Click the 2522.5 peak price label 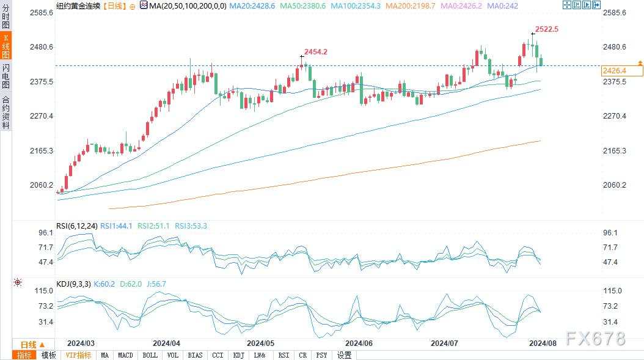pos(547,29)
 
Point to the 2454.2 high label pos(316,52)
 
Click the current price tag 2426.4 pos(615,71)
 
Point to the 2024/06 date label pos(359,343)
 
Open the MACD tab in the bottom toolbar pos(125,355)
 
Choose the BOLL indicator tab pos(150,355)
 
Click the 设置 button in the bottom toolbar pos(344,355)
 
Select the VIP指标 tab pos(78,355)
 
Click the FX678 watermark pos(595,339)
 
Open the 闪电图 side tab pos(5,76)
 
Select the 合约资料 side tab pos(5,112)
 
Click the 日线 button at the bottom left pos(28,345)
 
